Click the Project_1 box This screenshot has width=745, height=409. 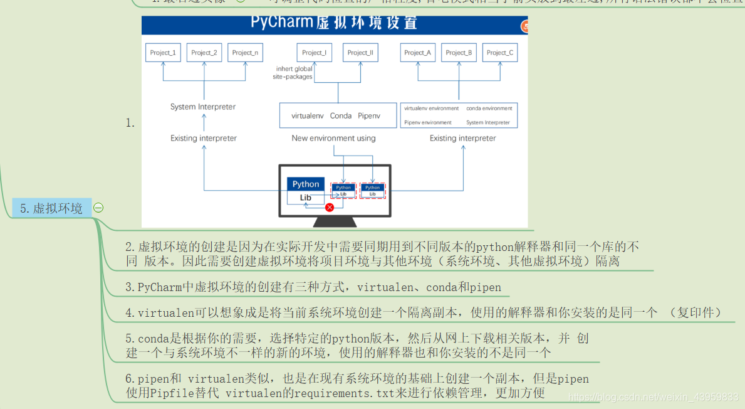click(163, 53)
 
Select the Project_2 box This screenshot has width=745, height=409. click(204, 53)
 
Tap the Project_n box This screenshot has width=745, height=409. click(245, 53)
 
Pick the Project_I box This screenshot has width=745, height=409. click(314, 53)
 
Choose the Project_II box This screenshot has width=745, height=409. click(360, 53)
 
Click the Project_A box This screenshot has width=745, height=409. click(418, 53)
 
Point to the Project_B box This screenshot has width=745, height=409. click(459, 53)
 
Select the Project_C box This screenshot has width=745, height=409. click(500, 53)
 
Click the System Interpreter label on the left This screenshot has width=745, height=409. click(203, 107)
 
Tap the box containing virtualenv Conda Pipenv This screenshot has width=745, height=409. click(338, 115)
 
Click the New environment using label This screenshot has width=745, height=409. click(334, 138)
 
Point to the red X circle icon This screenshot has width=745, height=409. click(330, 208)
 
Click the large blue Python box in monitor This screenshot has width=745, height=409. click(306, 184)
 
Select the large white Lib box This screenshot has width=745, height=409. click(306, 198)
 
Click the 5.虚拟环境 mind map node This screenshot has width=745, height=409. click(51, 208)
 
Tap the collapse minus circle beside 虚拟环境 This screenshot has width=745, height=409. click(98, 208)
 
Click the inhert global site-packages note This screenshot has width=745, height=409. click(293, 73)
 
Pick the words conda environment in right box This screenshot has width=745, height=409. click(489, 109)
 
